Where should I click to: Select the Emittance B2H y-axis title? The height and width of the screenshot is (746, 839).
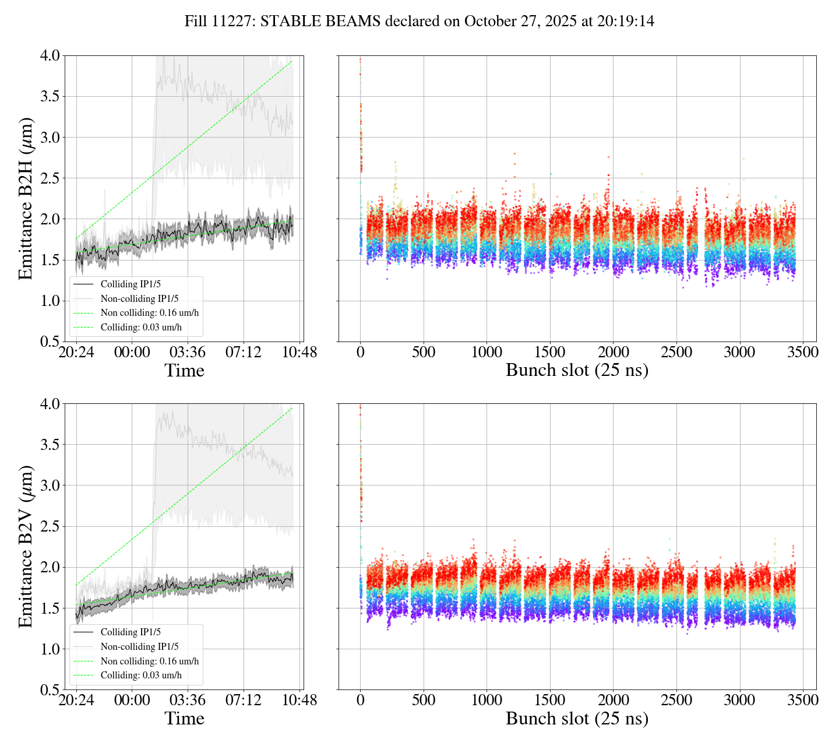[26, 198]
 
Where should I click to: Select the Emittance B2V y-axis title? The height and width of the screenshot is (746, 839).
[26, 546]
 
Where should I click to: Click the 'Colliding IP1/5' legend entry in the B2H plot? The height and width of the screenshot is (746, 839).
[131, 284]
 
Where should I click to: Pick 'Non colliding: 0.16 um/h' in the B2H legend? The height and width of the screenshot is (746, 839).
[150, 313]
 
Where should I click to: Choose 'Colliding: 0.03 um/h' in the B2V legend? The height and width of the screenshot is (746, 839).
[141, 675]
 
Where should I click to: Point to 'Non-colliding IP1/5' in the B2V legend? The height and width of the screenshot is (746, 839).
[139, 646]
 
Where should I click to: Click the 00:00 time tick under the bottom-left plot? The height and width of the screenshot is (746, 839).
[132, 700]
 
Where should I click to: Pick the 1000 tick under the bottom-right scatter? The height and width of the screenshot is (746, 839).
[487, 700]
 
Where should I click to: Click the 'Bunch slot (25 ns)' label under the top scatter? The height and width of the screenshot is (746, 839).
[577, 371]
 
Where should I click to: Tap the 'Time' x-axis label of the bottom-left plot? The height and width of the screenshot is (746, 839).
[184, 719]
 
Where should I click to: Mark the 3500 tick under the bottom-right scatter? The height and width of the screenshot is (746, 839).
[802, 700]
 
